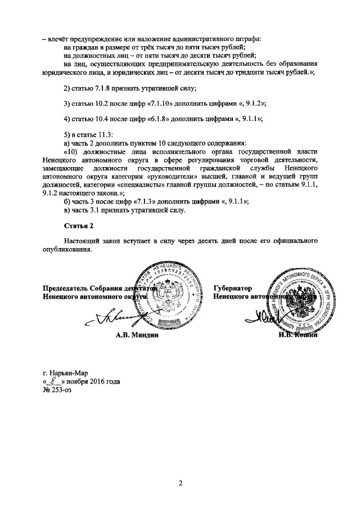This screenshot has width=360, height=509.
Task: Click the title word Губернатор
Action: coord(232,287)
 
